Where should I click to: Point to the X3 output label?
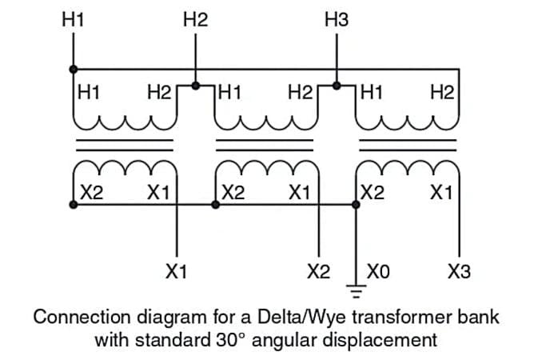tap(460, 272)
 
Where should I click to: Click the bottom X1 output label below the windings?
tap(176, 272)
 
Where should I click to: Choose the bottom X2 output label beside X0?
tap(318, 272)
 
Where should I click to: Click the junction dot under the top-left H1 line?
tap(73, 68)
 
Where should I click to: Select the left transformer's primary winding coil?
tap(123, 119)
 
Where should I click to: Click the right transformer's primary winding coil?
tap(408, 119)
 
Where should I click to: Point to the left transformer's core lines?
tap(123, 144)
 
